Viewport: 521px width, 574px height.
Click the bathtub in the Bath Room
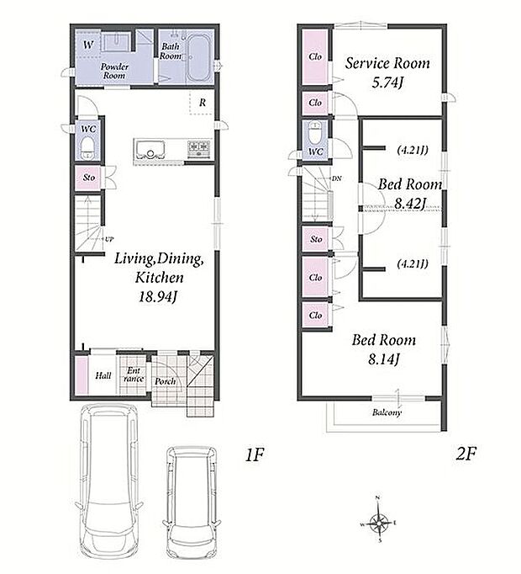[198, 59]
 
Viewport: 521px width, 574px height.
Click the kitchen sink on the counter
[150, 149]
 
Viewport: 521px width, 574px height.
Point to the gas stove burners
[199, 149]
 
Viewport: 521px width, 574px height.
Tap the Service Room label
[387, 63]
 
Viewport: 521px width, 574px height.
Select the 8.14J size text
[383, 359]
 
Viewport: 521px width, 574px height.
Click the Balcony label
[387, 412]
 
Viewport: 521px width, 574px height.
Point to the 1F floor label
[255, 455]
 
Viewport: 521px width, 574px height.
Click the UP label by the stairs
[109, 239]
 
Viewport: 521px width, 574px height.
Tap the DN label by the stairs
[337, 178]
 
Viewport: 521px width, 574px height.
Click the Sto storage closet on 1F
[89, 178]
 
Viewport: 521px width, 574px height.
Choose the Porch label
[166, 381]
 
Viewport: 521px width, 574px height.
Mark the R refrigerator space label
[203, 103]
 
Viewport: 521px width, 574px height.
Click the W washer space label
[88, 45]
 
